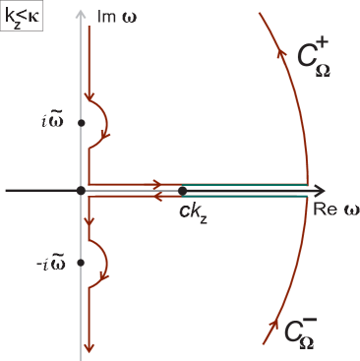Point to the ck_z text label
click(x=193, y=209)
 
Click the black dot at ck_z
click(x=183, y=190)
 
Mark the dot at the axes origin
click(x=81, y=190)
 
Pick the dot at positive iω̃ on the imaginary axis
click(x=81, y=122)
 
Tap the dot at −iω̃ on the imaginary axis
click(x=81, y=262)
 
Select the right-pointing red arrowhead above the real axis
click(x=155, y=183)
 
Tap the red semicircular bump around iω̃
click(x=102, y=122)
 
